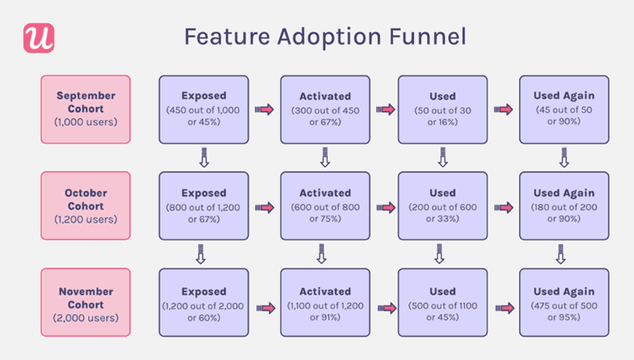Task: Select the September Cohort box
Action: click(x=86, y=109)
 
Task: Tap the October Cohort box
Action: click(x=86, y=206)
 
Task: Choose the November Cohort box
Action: click(x=86, y=304)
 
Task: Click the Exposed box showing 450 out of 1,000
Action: click(x=204, y=109)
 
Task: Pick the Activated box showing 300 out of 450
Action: click(x=324, y=109)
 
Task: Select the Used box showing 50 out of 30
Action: click(x=442, y=109)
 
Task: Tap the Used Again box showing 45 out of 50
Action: click(x=563, y=109)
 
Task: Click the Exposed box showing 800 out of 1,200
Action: click(x=204, y=206)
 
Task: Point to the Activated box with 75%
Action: click(x=324, y=206)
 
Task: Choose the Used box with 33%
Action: click(x=442, y=206)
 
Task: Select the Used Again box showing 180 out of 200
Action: click(x=563, y=206)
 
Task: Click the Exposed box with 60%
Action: click(x=204, y=304)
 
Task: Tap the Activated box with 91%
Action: click(x=324, y=304)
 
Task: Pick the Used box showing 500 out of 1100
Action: click(x=442, y=304)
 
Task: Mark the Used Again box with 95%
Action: click(x=563, y=304)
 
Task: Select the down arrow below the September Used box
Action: click(x=442, y=160)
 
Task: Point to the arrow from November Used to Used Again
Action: click(x=503, y=305)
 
